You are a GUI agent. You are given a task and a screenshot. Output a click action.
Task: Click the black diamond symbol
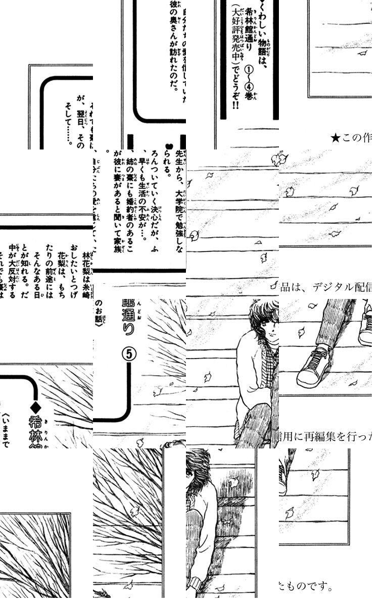click(35, 406)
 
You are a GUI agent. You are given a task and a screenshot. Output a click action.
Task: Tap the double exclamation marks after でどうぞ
click(235, 108)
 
